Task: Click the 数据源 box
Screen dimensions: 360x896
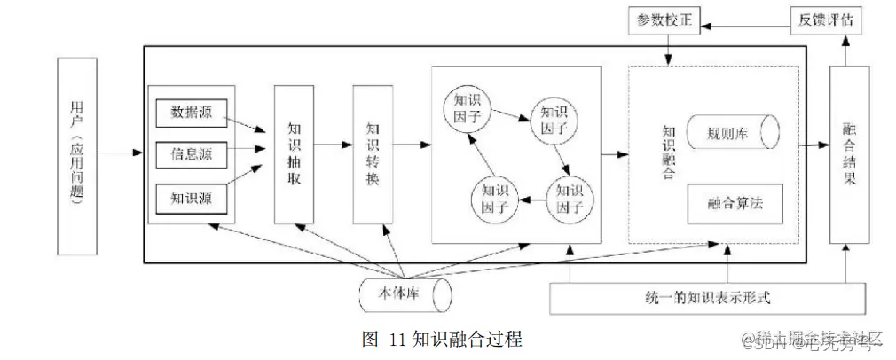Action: tap(191, 113)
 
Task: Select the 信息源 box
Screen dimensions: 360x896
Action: tap(191, 154)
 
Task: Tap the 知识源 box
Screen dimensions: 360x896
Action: tap(191, 196)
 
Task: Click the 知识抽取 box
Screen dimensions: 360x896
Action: tap(295, 154)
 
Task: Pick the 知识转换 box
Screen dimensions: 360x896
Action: tap(373, 154)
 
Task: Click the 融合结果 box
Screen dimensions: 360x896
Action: tap(847, 154)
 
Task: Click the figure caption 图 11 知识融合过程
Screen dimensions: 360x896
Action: tap(442, 340)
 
